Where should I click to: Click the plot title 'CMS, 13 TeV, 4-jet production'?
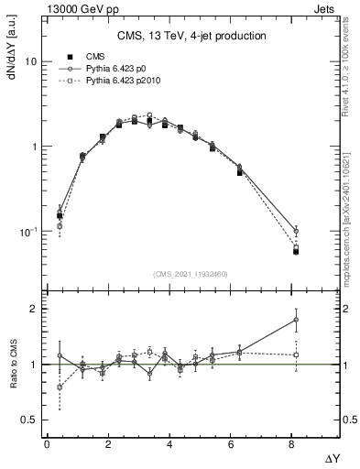191,36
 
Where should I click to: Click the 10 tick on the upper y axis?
30,62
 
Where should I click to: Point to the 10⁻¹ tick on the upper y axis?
28,232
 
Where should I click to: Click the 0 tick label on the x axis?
47,444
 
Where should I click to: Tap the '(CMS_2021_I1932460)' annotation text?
191,273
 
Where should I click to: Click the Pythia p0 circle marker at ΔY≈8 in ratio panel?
296,320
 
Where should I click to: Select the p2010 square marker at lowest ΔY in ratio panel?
60,387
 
